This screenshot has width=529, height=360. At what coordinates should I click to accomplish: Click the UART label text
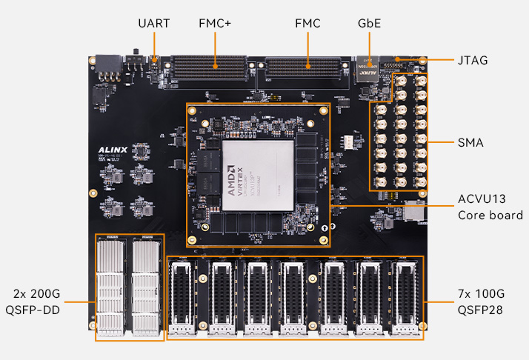pyautogui.click(x=153, y=24)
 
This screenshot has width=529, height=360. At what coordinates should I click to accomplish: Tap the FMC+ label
pyautogui.click(x=215, y=24)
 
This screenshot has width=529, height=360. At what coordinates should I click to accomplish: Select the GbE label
pyautogui.click(x=369, y=24)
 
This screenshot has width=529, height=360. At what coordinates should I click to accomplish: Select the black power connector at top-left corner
pyautogui.click(x=107, y=65)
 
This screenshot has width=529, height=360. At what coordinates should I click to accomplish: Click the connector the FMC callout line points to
pyautogui.click(x=306, y=68)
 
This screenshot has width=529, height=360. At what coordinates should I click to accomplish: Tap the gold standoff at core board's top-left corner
pyautogui.click(x=193, y=111)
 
